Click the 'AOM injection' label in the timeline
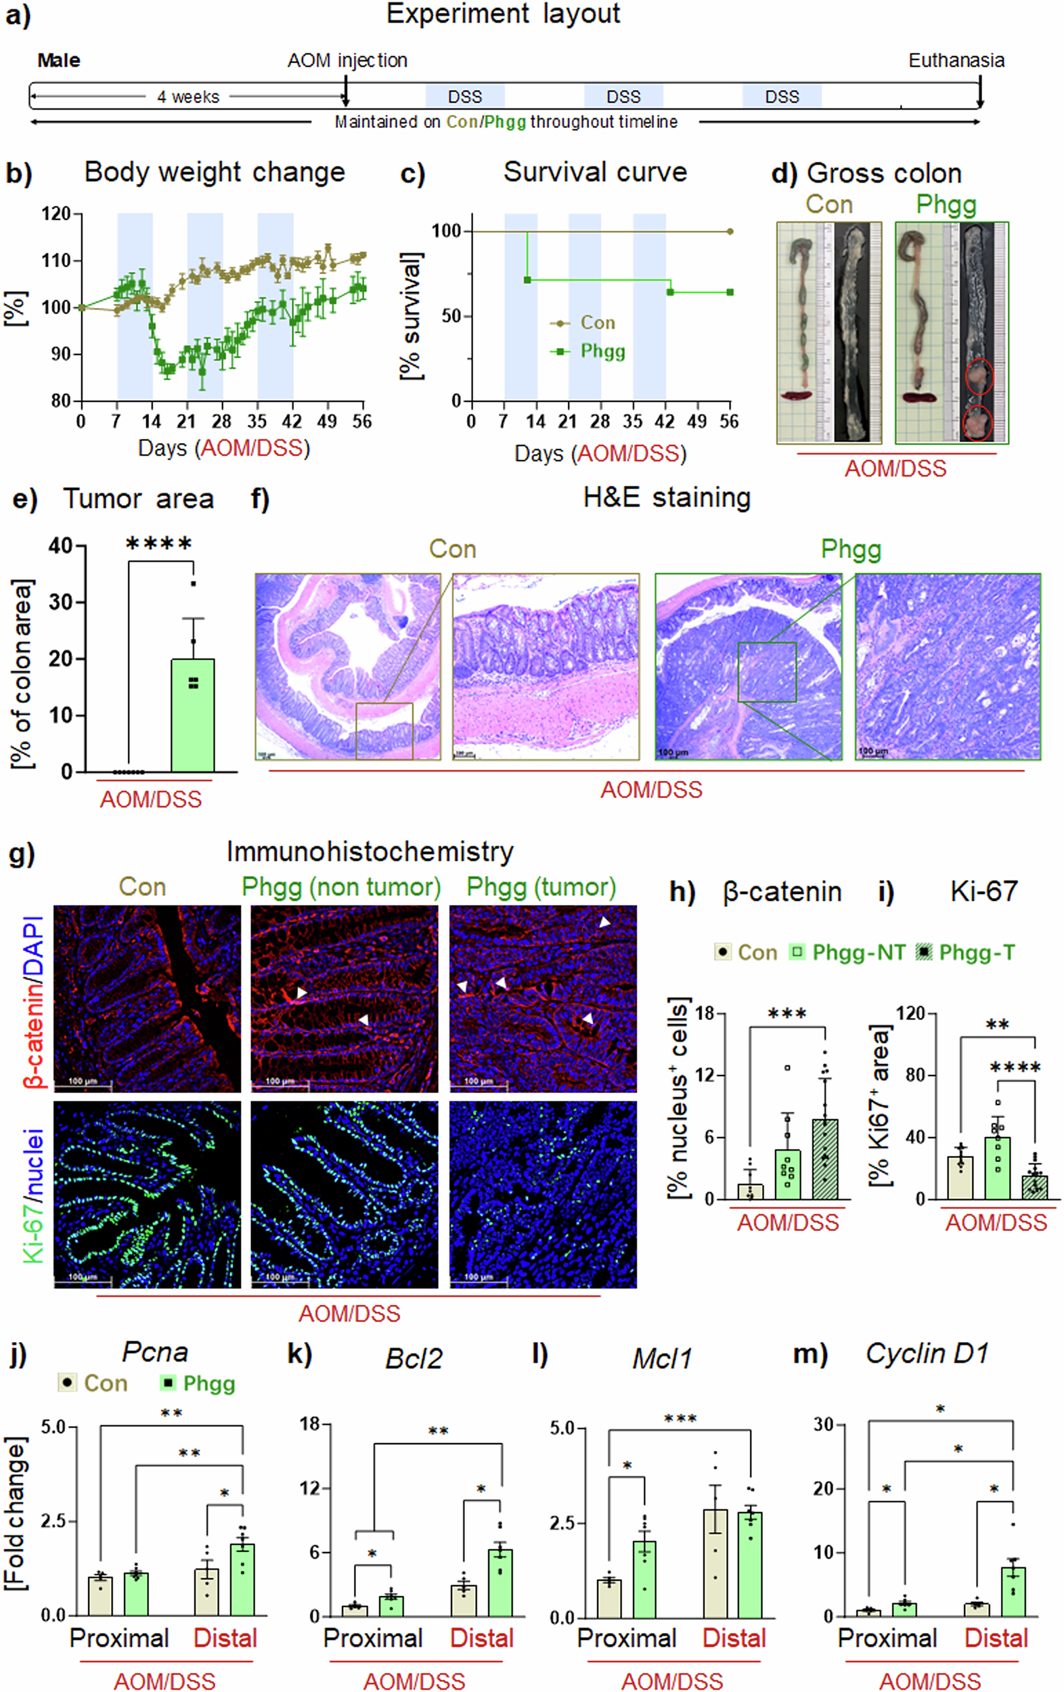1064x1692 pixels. (x=347, y=60)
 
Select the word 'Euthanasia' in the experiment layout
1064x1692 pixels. (x=956, y=60)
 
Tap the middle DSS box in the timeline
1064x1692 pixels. (x=623, y=96)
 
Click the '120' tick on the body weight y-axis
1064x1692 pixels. (x=56, y=214)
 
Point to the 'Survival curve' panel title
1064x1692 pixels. (x=594, y=172)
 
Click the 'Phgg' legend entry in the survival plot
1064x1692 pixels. (x=602, y=351)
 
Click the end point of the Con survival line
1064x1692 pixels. (x=730, y=231)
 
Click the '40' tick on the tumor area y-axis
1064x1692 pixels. (x=61, y=546)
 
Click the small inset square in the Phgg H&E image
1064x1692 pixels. (x=767, y=672)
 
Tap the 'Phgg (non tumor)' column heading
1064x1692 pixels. (x=341, y=887)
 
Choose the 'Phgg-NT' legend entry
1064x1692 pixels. (x=858, y=952)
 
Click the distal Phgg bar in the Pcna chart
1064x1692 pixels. (x=242, y=1578)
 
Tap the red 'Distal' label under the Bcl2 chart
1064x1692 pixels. (x=481, y=1639)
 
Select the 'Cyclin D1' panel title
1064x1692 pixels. (x=926, y=1354)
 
